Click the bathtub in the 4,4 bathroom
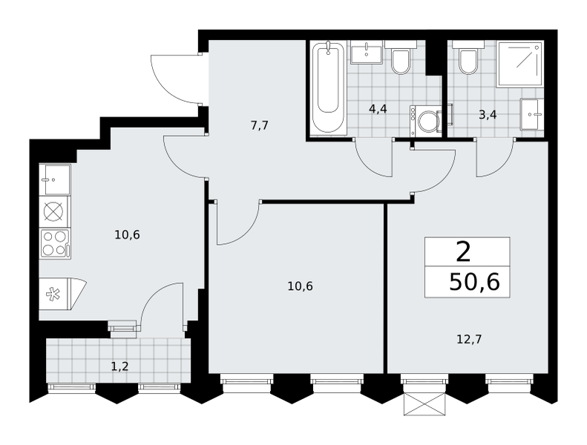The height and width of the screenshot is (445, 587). point(328,88)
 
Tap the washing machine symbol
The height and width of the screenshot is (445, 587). point(426,121)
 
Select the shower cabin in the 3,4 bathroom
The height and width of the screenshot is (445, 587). point(520,65)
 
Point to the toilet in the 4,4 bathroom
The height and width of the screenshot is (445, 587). point(401,57)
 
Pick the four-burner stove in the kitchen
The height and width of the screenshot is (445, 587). point(55,244)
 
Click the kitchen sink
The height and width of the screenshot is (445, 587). point(55,179)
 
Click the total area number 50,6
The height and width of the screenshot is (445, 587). point(474,282)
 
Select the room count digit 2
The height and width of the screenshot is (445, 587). point(464,252)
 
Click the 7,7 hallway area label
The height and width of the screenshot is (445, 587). point(260,125)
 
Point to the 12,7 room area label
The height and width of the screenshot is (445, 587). point(469,340)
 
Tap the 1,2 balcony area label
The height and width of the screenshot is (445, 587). point(119,366)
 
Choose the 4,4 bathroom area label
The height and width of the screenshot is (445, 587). point(378,109)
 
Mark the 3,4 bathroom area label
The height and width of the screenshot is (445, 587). point(488,114)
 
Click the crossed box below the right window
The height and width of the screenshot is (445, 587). point(425,404)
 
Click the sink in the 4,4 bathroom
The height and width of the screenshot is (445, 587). point(367,55)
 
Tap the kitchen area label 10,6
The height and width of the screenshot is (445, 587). point(128,235)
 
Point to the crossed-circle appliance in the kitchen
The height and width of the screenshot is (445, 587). point(53,212)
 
